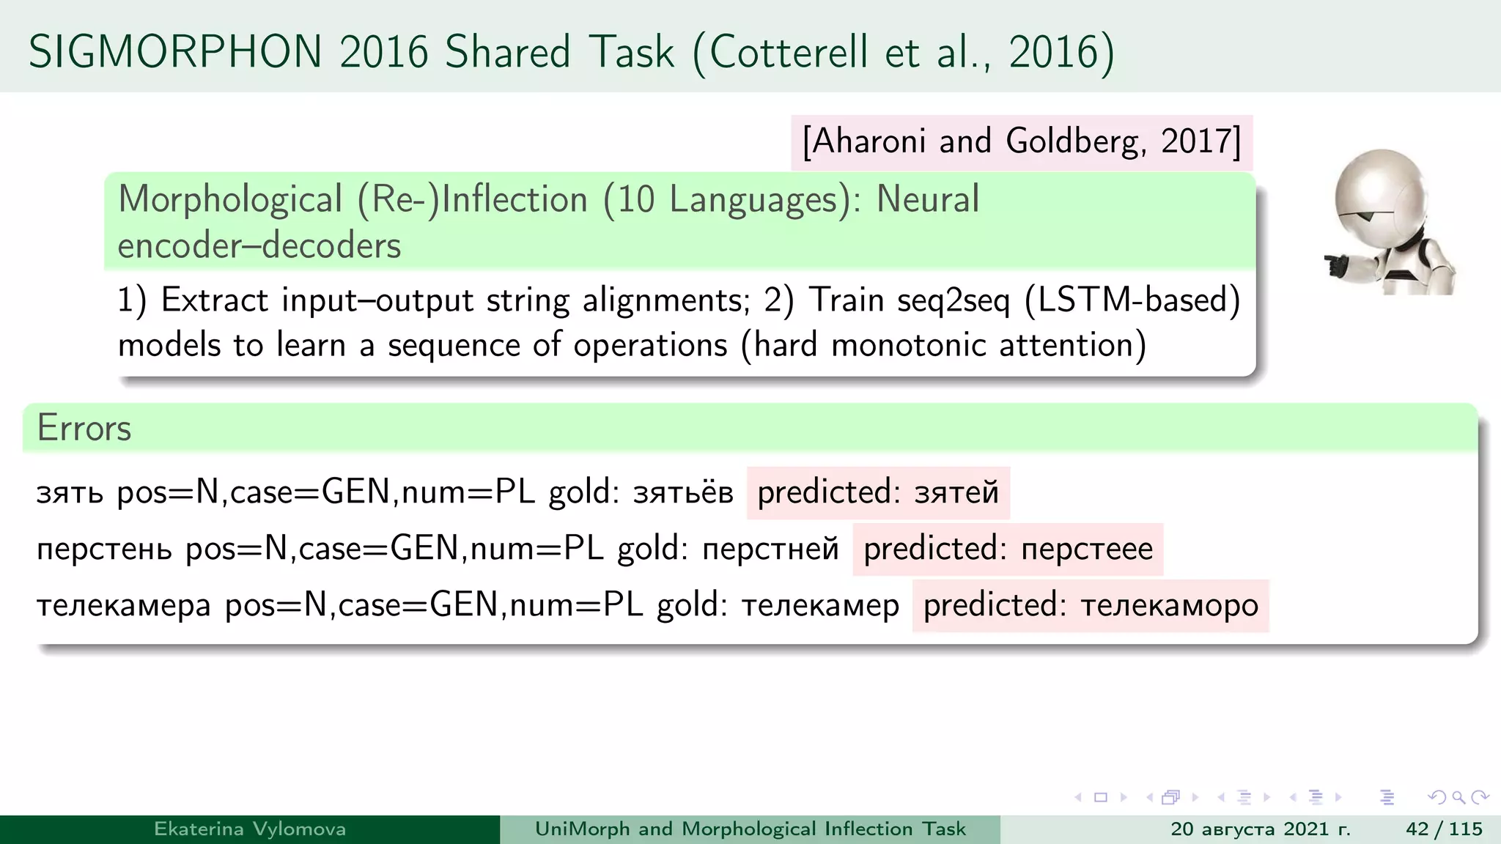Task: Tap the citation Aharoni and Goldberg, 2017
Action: [x=1021, y=141]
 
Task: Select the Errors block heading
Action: [x=84, y=428]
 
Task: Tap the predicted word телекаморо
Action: [x=1169, y=606]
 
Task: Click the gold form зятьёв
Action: [x=683, y=492]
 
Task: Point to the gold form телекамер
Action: [x=820, y=606]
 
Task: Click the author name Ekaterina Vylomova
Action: [x=250, y=829]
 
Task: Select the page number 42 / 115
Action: [x=1444, y=829]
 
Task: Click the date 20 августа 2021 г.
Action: [x=1260, y=829]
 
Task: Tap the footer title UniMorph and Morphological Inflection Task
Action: [x=750, y=829]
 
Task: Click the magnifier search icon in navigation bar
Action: [x=1458, y=797]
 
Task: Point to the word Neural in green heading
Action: [x=928, y=199]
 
